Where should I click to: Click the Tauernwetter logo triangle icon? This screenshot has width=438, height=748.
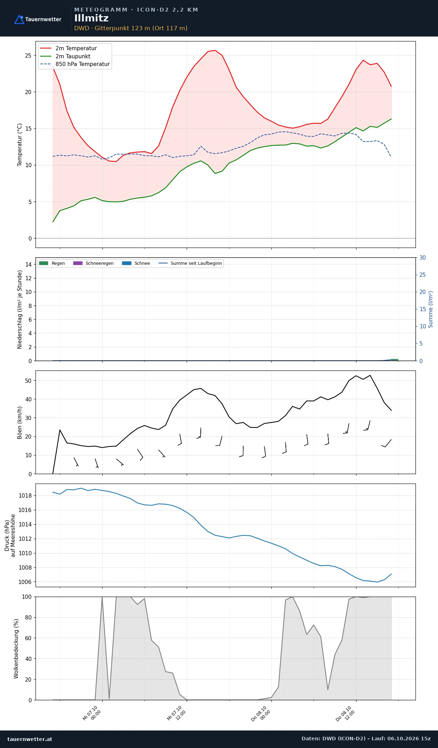(x=19, y=20)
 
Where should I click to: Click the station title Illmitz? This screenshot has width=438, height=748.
(x=91, y=18)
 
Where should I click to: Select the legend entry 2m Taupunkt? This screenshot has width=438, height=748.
(x=65, y=56)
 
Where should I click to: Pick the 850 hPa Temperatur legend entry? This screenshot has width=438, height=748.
(x=75, y=64)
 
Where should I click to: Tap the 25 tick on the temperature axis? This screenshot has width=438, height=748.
(x=28, y=55)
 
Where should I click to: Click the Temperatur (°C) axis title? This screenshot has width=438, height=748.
(x=20, y=145)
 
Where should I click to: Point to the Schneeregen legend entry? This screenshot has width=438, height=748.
(x=94, y=263)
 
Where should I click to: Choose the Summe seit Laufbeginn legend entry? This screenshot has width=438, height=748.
(x=190, y=263)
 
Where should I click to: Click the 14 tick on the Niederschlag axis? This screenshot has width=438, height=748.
(x=28, y=264)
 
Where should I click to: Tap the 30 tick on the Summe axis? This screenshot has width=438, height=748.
(x=423, y=257)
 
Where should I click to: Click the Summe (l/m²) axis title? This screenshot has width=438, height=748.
(x=430, y=309)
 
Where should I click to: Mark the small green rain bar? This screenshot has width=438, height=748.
(x=395, y=360)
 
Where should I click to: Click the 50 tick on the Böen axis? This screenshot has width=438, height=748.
(x=28, y=381)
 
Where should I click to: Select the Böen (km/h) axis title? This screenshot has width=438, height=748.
(x=20, y=422)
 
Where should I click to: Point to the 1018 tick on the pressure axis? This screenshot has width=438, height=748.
(x=25, y=496)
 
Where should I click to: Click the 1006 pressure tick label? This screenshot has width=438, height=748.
(x=25, y=582)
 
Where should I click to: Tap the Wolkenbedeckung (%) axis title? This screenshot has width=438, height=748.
(x=16, y=649)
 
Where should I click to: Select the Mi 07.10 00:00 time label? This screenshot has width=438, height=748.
(x=92, y=713)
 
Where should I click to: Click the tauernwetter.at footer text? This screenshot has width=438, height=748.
(x=30, y=739)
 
